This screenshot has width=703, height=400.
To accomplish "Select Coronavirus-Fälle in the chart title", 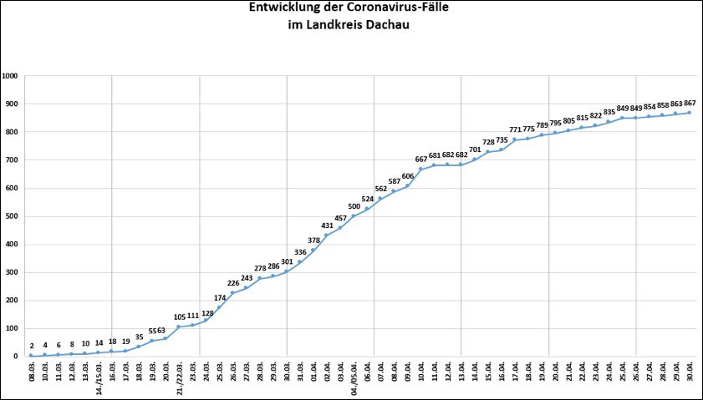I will click(398, 8).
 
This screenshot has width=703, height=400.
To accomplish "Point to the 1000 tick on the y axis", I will click(10, 76).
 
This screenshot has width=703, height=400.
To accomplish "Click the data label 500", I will click(354, 206).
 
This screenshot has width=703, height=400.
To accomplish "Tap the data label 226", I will click(232, 283).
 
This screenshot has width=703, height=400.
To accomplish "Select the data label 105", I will click(179, 317).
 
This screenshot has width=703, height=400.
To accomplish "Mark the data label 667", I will click(420, 159).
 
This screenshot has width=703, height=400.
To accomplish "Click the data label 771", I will click(515, 130).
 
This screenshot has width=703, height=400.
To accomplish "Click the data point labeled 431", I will click(327, 235).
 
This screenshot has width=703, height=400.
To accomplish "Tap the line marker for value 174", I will click(219, 307).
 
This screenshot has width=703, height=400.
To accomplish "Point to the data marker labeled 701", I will click(474, 159).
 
